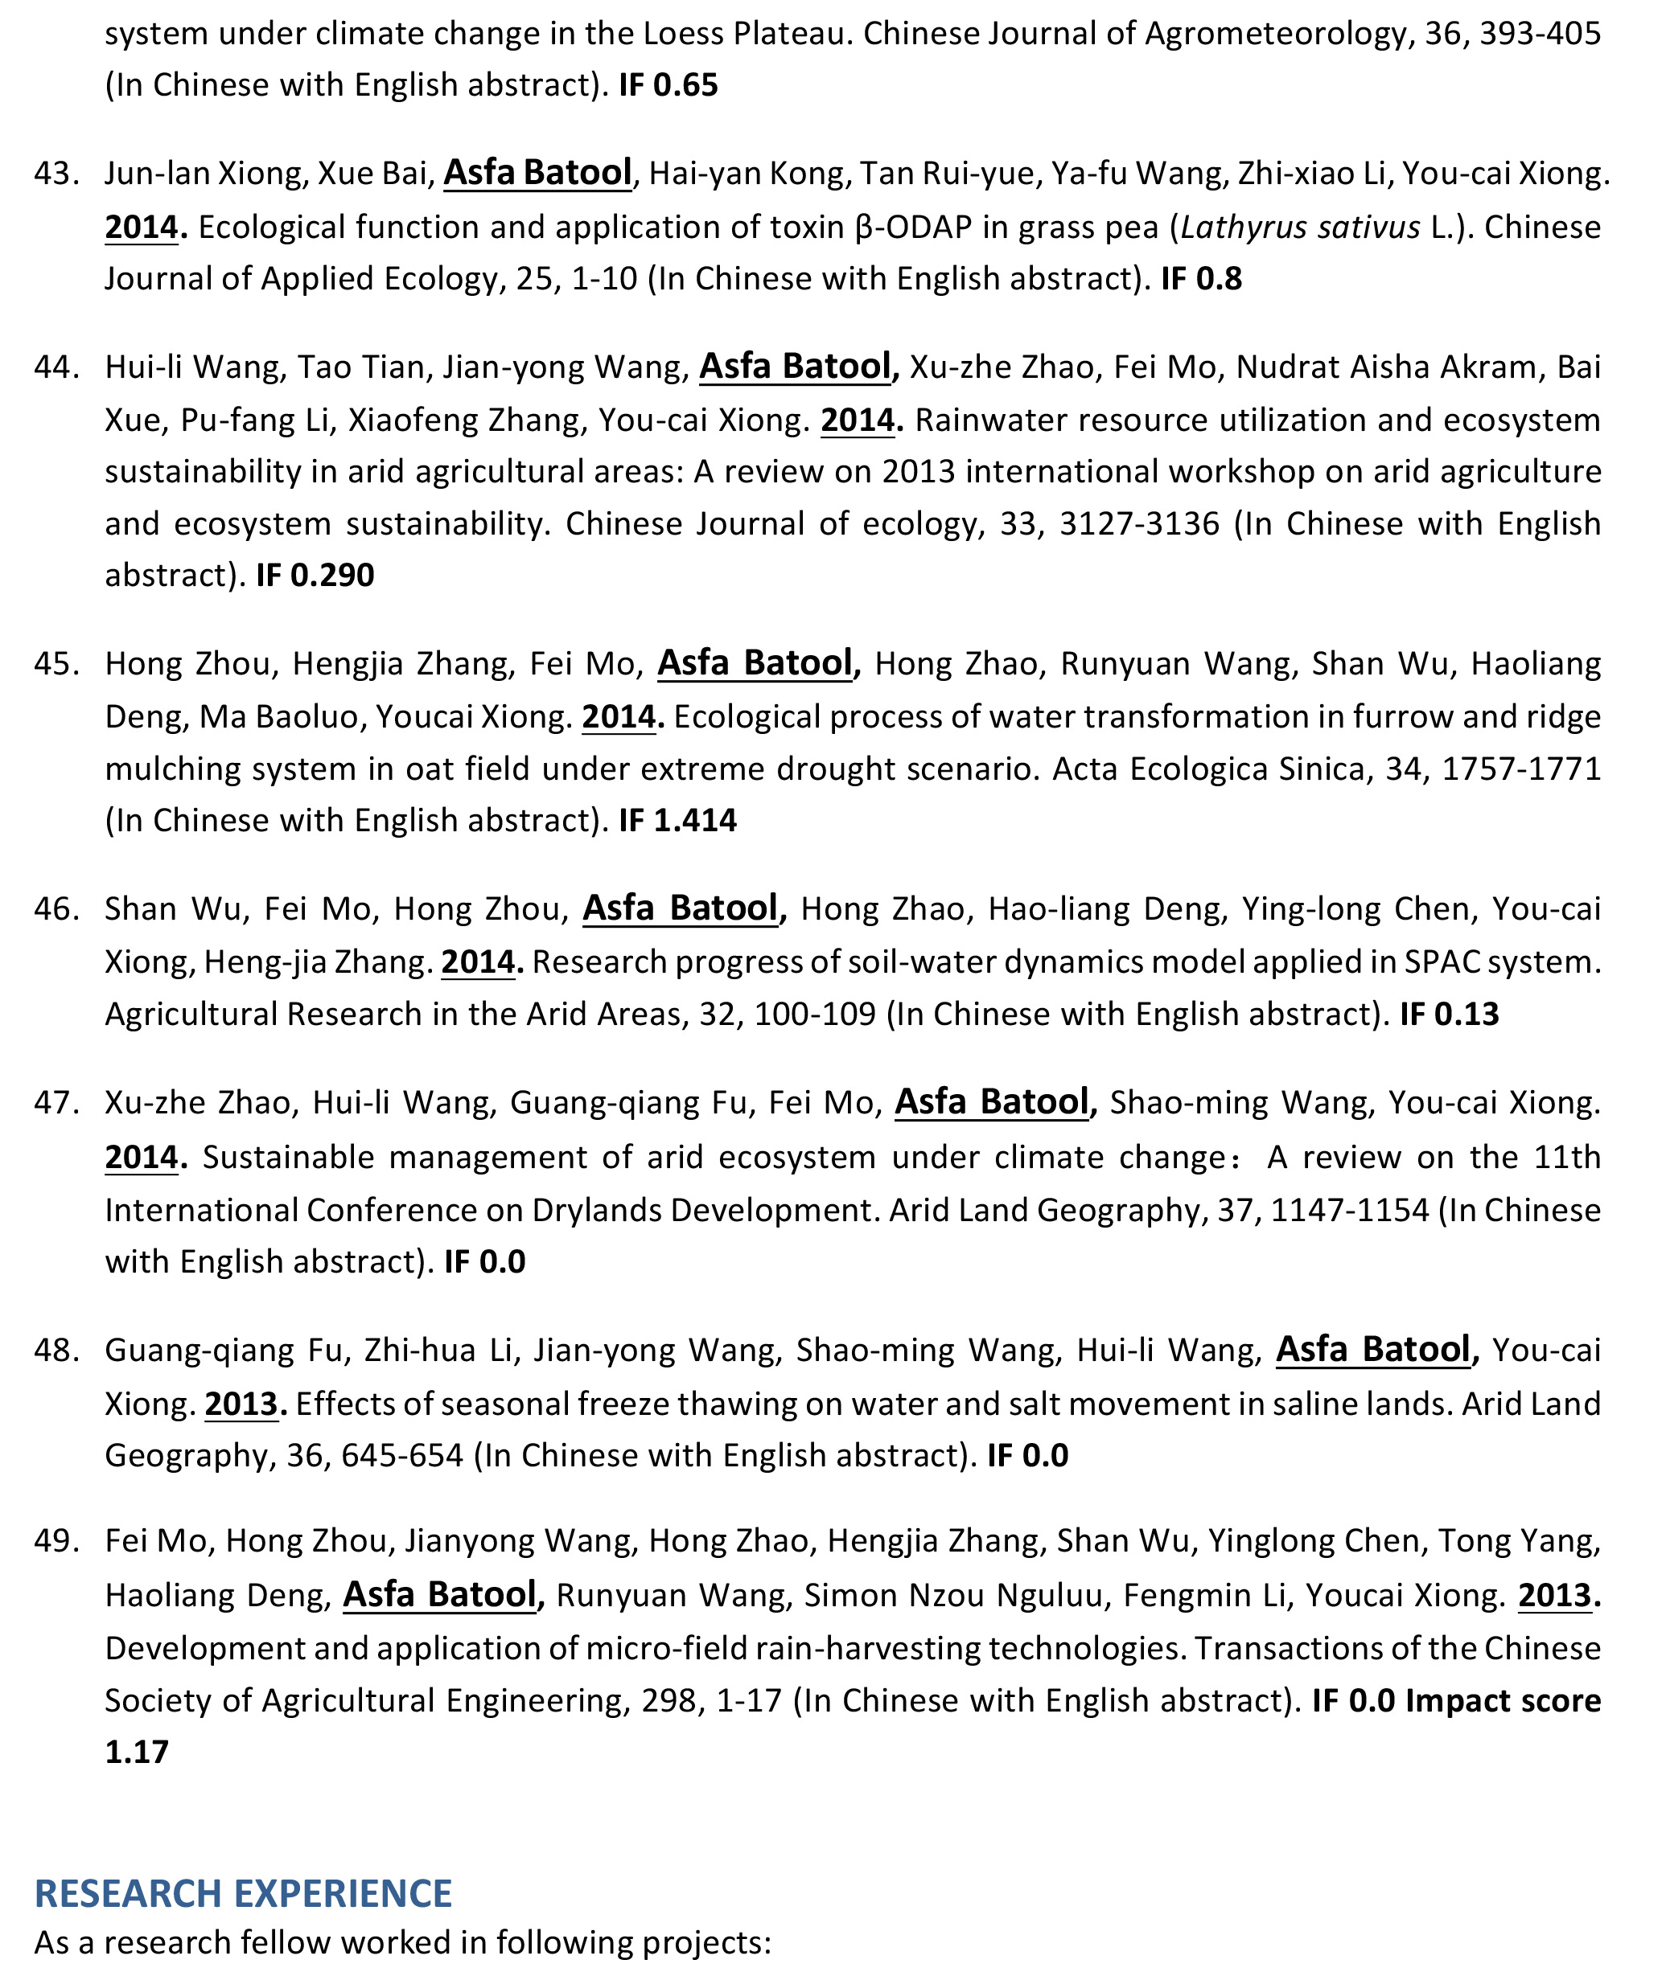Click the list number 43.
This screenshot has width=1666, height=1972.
tap(56, 174)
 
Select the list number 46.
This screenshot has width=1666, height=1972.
tap(56, 909)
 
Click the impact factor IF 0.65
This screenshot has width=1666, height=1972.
tap(668, 85)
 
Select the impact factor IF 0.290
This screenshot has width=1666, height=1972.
tap(315, 575)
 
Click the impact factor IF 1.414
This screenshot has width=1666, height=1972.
tap(677, 820)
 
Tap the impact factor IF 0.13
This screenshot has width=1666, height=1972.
tap(1449, 1014)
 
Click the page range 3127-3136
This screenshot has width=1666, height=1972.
tap(1139, 523)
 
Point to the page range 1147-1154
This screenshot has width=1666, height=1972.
tap(1350, 1210)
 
